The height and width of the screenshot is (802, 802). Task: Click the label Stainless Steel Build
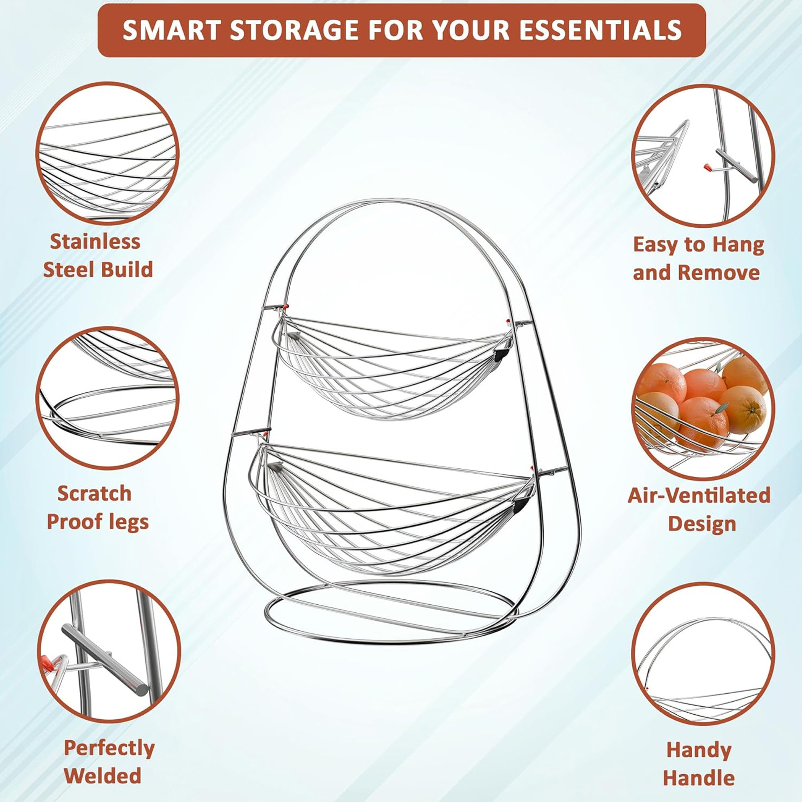point(97,255)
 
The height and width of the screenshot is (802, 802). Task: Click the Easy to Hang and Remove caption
point(698,259)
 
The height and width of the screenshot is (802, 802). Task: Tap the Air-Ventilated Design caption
point(699,509)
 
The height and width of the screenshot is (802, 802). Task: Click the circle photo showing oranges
point(703,408)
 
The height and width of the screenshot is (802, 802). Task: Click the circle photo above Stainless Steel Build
point(107,153)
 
